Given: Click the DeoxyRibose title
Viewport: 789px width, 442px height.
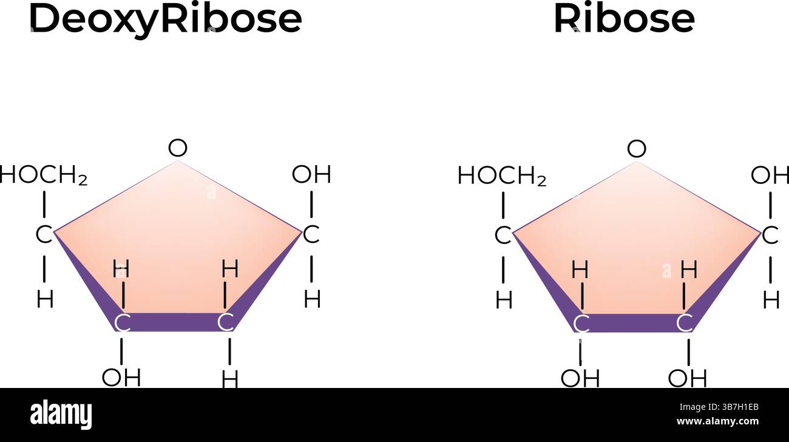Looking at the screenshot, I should pos(165,19).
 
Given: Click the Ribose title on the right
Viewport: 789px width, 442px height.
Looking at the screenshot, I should pos(623,19).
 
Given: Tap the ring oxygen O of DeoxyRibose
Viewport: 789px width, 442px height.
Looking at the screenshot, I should pos(177,148).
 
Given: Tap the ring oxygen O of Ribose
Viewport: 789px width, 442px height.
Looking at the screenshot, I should pos(636,148).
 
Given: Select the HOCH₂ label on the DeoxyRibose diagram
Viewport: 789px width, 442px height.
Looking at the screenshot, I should pos(44,175).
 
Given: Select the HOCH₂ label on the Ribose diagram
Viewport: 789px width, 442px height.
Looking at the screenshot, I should pos(502,176).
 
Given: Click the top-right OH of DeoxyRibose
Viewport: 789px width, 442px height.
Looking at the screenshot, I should pos(311,175).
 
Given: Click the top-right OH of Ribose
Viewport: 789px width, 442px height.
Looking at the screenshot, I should pos(770,175).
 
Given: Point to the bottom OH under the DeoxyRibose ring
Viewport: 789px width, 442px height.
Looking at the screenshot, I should pos(121,377).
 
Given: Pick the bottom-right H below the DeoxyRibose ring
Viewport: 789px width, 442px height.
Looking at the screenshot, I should pos(229,379).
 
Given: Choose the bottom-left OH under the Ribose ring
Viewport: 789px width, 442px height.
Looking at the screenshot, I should pos(580,378).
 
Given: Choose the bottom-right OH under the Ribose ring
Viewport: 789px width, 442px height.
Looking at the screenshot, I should pos(687,378).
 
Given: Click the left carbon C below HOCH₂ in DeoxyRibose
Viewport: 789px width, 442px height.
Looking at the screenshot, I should pos(44,235).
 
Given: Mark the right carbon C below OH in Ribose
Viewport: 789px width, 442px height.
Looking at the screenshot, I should pos(770,235).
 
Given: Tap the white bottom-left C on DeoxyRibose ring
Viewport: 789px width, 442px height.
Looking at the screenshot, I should pos(122,323).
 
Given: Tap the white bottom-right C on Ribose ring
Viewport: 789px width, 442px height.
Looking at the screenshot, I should pos(685,323).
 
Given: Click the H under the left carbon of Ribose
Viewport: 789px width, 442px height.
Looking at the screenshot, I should pos(503,300).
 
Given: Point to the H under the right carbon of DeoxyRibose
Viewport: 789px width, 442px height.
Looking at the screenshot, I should pos(312,299).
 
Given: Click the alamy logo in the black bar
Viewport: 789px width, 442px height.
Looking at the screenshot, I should pos(61,415).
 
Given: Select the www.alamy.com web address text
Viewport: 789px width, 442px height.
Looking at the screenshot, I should pos(717,421).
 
